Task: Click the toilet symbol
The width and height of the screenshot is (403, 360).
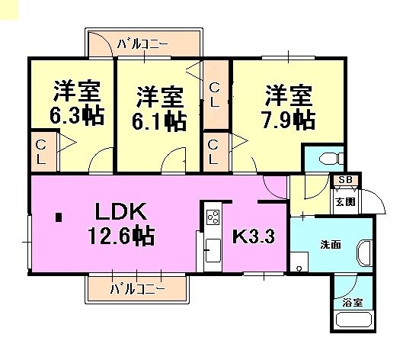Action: (331, 158)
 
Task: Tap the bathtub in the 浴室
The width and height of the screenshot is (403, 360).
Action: (353, 320)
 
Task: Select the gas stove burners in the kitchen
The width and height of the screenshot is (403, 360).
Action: (213, 217)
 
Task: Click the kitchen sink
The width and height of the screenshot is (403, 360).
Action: (213, 250)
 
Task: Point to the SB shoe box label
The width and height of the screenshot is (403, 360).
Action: (345, 180)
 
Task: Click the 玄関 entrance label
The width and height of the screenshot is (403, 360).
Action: (346, 202)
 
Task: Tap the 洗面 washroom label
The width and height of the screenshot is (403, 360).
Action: (331, 245)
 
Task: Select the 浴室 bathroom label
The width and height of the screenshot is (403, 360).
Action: (353, 303)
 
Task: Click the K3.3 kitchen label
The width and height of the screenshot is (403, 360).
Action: (254, 236)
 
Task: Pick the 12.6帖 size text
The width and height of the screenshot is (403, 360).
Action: (121, 235)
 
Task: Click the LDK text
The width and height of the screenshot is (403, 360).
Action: (121, 211)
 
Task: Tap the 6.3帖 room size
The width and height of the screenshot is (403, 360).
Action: (77, 115)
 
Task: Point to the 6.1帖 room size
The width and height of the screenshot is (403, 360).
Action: (159, 121)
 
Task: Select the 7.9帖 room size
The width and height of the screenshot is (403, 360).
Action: (288, 120)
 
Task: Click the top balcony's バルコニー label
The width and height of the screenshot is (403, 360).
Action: (142, 44)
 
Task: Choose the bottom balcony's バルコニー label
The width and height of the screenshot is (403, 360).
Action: (137, 290)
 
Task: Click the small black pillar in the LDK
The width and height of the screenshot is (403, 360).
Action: (59, 217)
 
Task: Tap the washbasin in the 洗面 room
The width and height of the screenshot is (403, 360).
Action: (364, 252)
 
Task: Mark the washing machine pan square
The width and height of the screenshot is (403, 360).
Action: (299, 262)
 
